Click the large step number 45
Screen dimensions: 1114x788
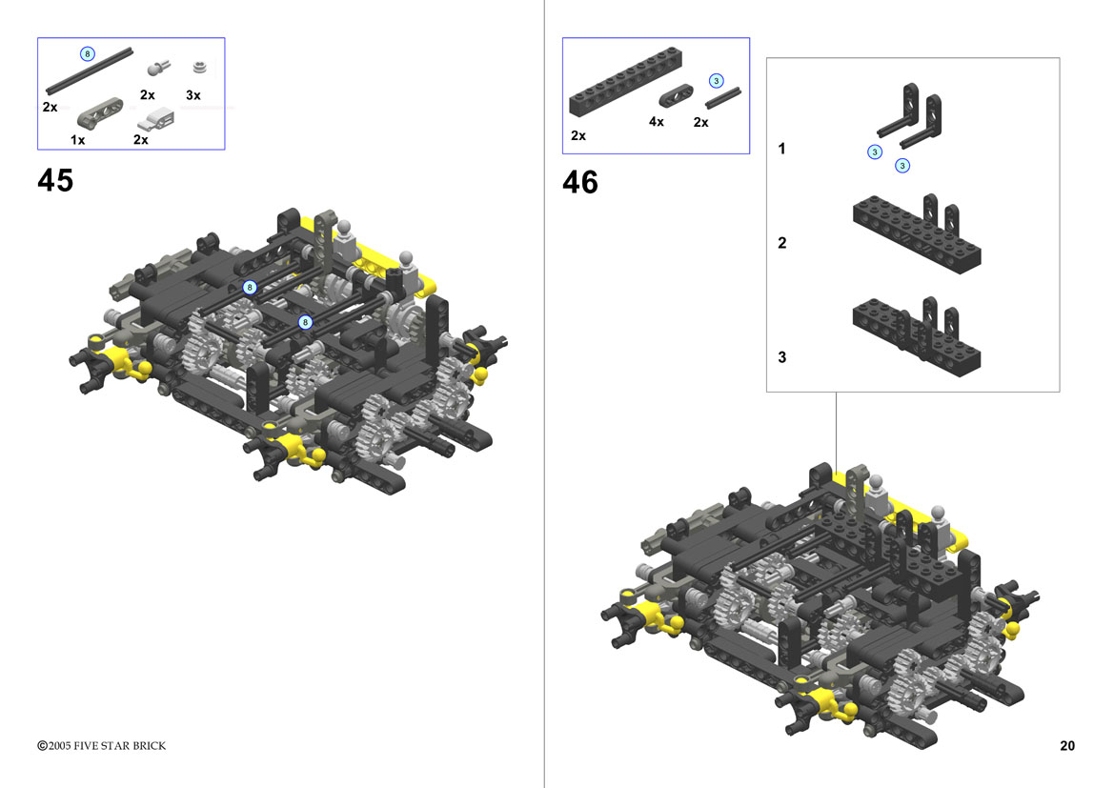54,180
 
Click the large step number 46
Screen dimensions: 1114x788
579,183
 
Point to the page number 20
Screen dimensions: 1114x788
1067,745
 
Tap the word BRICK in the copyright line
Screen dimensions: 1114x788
149,745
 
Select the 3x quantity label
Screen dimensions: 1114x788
193,95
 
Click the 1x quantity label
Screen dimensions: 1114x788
77,140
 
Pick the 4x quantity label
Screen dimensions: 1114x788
657,122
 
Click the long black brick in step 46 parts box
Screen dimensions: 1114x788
625,82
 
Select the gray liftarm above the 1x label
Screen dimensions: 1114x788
99,113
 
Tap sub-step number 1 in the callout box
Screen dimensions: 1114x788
781,149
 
